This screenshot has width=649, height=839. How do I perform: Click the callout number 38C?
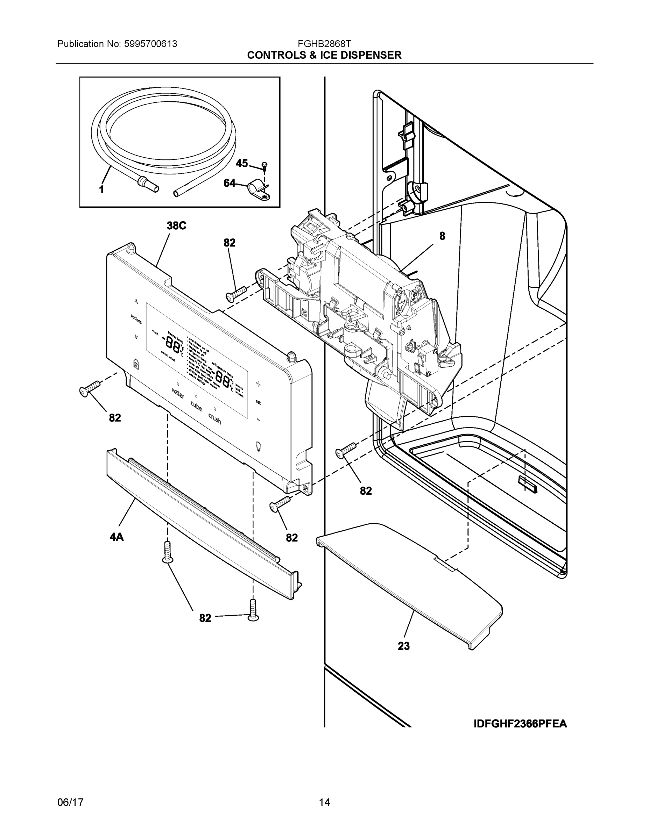coord(176,225)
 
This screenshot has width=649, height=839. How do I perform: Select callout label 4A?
coord(117,537)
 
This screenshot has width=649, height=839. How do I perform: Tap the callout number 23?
coord(404,646)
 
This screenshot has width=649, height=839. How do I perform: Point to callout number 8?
coord(442,236)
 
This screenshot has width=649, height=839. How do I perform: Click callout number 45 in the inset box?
coord(241,163)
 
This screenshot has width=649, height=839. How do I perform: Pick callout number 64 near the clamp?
coord(230,183)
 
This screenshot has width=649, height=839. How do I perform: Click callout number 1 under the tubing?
coord(101,189)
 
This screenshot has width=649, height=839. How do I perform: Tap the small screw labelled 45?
coord(264,166)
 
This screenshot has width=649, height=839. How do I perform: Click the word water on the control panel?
coord(178,393)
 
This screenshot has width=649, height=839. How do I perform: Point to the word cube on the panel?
coord(196,406)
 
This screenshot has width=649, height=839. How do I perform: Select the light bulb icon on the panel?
coord(258,446)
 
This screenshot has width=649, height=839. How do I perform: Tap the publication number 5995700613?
coord(151,44)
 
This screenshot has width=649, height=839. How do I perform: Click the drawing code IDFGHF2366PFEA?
coord(520,724)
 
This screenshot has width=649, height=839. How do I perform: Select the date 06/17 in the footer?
coord(70,802)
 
